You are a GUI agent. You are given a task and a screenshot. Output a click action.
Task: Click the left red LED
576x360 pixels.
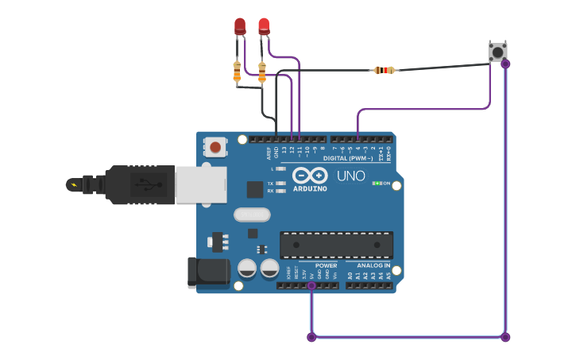[240, 26]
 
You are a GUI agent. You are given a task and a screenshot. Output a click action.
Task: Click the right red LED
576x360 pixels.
[264, 26]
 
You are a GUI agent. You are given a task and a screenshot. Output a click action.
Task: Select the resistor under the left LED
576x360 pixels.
[237, 72]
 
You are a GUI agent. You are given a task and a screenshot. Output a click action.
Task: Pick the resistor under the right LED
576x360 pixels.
[262, 72]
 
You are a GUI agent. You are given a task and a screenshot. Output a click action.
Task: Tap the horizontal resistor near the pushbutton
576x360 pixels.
[385, 70]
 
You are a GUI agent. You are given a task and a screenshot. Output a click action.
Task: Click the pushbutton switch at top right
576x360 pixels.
[497, 52]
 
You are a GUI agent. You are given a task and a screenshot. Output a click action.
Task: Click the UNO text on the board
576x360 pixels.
[351, 176]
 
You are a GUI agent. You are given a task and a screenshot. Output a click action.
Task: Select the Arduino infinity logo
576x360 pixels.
[309, 175]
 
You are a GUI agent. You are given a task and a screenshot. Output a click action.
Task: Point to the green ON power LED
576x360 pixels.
[376, 184]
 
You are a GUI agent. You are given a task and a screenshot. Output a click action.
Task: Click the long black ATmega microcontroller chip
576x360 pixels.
[336, 245]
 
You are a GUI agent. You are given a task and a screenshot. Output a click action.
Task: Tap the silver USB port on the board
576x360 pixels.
[200, 184]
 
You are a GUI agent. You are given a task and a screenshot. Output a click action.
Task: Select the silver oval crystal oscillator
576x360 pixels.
[252, 215]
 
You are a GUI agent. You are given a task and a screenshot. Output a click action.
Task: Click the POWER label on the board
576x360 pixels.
[326, 265]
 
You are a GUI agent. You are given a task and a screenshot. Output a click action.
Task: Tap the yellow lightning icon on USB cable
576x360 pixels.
[74, 185]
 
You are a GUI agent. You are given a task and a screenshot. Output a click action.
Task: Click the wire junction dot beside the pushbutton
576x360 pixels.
[505, 64]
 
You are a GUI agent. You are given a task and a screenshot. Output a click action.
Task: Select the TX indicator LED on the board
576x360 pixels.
[280, 184]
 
